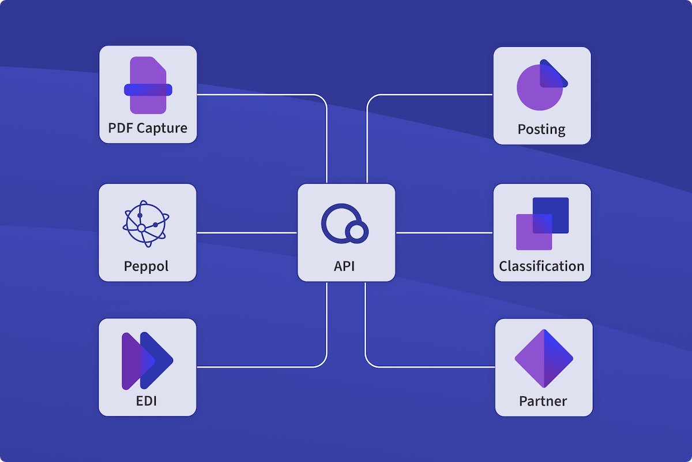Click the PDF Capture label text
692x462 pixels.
point(148,128)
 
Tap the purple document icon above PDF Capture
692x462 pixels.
point(148,85)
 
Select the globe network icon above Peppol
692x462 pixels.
point(146,223)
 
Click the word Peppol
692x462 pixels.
point(146,266)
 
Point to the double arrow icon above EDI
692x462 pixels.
point(147,361)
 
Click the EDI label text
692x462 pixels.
point(147,400)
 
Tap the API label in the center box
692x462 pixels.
point(344,266)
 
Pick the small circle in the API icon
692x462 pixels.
point(356,232)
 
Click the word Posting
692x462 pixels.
point(541,129)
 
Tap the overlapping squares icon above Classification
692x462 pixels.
point(542,223)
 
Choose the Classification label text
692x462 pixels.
point(541,266)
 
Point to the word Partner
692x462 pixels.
point(543,401)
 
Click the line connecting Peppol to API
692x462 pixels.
point(247,233)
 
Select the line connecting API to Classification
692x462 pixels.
point(444,233)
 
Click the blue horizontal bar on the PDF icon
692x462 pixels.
point(148,90)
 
